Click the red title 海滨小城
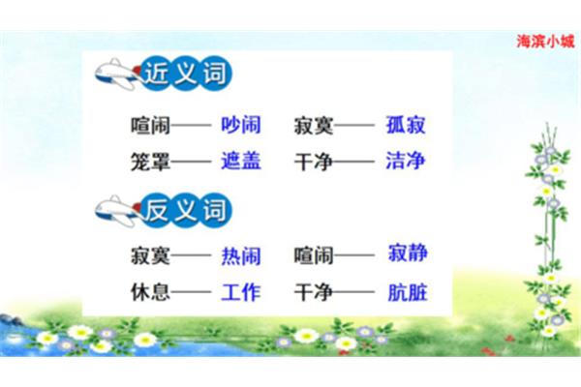click(545, 41)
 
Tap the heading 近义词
click(185, 73)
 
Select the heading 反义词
click(185, 210)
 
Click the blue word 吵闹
click(241, 125)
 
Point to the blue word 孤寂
click(406, 125)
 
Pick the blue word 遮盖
click(241, 161)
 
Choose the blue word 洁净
click(406, 161)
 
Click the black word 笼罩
click(150, 162)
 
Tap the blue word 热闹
click(241, 255)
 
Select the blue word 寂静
click(408, 253)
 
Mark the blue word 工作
click(241, 292)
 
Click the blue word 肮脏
click(408, 292)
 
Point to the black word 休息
click(150, 292)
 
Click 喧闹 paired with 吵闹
click(150, 125)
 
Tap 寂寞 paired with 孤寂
click(314, 125)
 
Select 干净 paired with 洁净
click(314, 162)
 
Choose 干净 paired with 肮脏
click(314, 292)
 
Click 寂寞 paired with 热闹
click(150, 255)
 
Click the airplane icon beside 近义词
click(118, 74)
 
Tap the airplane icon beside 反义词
click(118, 211)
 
